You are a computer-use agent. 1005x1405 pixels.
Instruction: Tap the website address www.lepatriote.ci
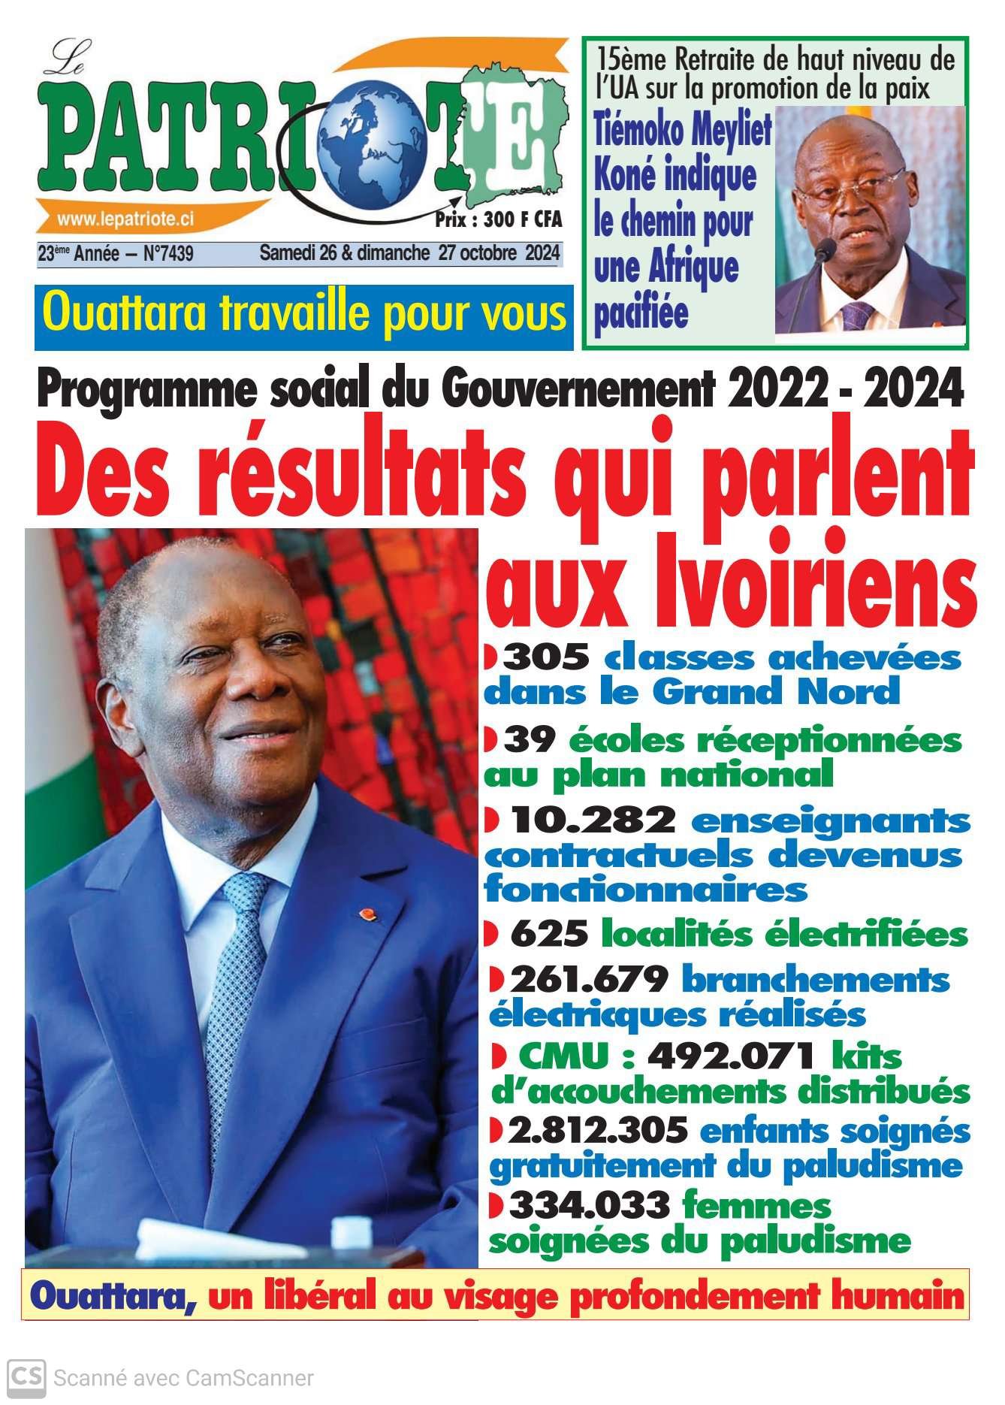(125, 219)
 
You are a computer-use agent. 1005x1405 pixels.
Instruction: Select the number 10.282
(593, 820)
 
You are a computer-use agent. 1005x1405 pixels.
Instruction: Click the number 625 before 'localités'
(548, 935)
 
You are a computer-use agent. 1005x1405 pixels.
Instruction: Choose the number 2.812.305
(597, 1129)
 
